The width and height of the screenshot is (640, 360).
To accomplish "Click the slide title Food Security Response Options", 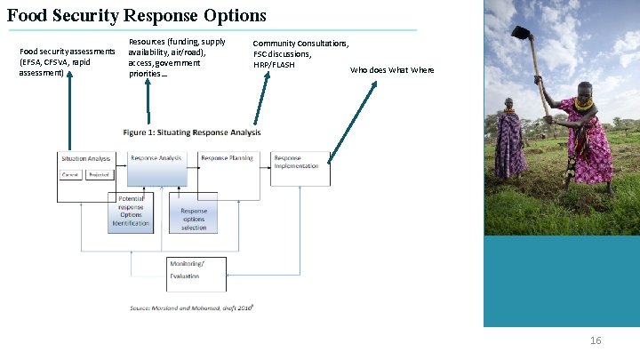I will coord(137,15).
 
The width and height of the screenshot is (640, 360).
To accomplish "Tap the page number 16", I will coord(596,341).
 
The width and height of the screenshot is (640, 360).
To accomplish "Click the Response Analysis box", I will coord(157,168).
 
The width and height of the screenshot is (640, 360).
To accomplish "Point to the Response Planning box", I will coord(228,168).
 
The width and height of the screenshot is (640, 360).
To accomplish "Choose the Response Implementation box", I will coord(300,168).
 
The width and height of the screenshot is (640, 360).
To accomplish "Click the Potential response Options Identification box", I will coord(131,212).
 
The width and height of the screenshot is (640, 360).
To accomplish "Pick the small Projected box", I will coord(99,174).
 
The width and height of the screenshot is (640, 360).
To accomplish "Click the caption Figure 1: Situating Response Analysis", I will coord(192,132).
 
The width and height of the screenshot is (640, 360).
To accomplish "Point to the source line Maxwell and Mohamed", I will coord(192,308).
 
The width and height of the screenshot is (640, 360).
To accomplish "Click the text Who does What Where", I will coord(392,70).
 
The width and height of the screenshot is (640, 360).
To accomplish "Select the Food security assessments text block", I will coord(67,62).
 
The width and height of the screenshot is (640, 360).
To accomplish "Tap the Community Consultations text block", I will coord(300,53).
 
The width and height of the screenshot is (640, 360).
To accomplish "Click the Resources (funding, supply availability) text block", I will coord(177,57).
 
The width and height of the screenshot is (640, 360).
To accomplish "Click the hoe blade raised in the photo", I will coord(520,33).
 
